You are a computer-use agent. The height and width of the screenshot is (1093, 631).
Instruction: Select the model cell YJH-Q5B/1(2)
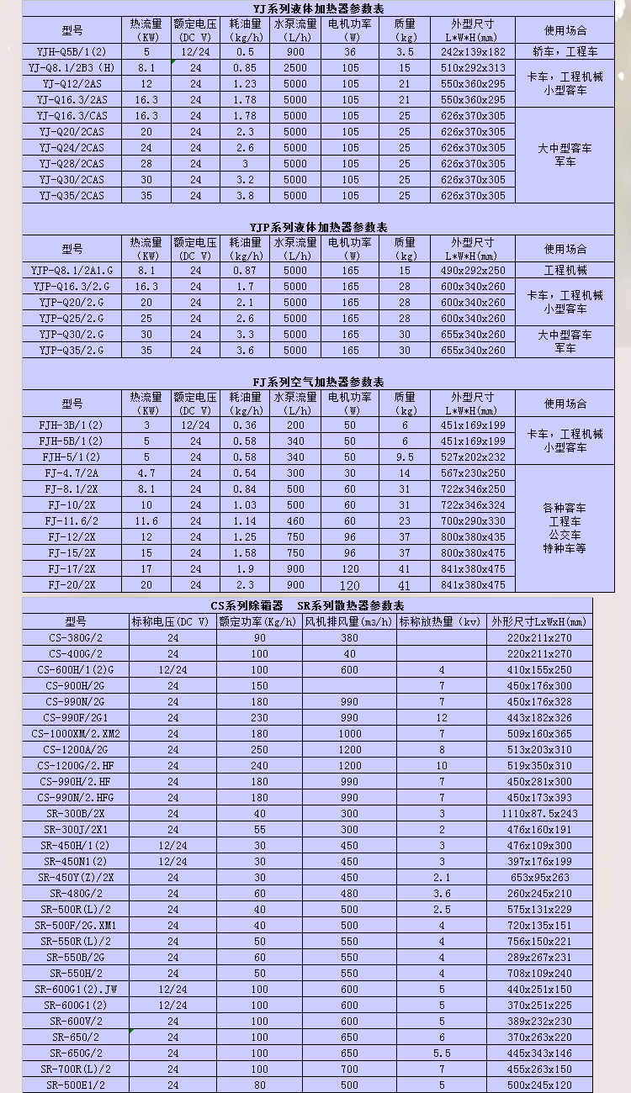(72, 51)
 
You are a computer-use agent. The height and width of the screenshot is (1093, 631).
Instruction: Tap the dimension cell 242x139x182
(473, 51)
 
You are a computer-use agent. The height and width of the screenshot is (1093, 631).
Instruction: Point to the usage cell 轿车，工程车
(565, 51)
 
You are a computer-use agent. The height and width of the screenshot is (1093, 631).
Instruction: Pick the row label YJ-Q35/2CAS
(72, 195)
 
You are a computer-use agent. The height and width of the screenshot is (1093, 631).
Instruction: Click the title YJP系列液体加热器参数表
(318, 228)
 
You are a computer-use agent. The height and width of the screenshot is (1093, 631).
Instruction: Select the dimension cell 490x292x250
(473, 271)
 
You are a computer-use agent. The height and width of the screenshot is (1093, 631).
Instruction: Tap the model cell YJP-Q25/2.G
(72, 319)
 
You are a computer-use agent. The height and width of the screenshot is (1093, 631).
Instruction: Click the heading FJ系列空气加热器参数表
(318, 382)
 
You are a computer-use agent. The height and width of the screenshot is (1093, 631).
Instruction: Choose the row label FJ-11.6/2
(72, 520)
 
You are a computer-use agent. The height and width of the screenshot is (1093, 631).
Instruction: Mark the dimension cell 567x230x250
(473, 473)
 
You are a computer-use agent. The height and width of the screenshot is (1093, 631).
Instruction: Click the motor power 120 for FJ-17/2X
(350, 569)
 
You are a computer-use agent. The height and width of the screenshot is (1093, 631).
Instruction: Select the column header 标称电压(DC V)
(172, 621)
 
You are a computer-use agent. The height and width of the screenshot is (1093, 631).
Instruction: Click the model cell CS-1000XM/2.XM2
(76, 733)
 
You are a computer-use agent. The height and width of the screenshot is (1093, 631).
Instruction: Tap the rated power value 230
(259, 717)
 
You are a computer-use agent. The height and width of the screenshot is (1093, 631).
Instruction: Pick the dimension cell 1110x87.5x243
(540, 814)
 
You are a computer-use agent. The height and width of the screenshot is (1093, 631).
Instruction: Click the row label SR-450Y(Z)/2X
(76, 878)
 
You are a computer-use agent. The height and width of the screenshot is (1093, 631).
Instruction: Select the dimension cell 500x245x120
(540, 1085)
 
